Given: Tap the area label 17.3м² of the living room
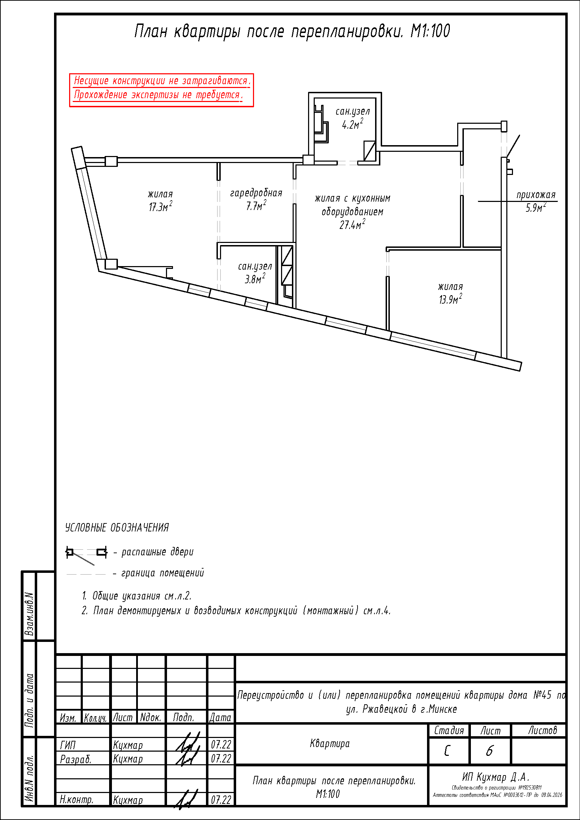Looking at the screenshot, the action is (x=160, y=207).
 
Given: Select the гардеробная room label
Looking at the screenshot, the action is (x=256, y=193).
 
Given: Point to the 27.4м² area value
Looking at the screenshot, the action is (x=352, y=225).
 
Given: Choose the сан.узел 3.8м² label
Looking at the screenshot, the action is (x=255, y=273).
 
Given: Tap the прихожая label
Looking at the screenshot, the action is (x=536, y=195).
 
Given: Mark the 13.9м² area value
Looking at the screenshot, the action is (x=450, y=299).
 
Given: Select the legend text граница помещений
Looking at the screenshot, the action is (x=163, y=573).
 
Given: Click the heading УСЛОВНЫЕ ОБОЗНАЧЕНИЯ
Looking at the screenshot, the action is (x=117, y=528).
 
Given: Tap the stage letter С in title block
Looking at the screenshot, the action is (x=447, y=751).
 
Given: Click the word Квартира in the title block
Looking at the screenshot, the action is (x=330, y=744).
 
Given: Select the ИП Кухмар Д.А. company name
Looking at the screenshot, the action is (x=496, y=777).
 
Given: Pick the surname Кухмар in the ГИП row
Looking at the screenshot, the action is (x=128, y=745).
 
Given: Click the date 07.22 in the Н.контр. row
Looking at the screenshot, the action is (x=221, y=800).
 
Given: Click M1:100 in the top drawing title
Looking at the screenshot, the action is (x=430, y=31).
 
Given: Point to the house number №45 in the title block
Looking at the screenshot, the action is (x=542, y=695).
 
